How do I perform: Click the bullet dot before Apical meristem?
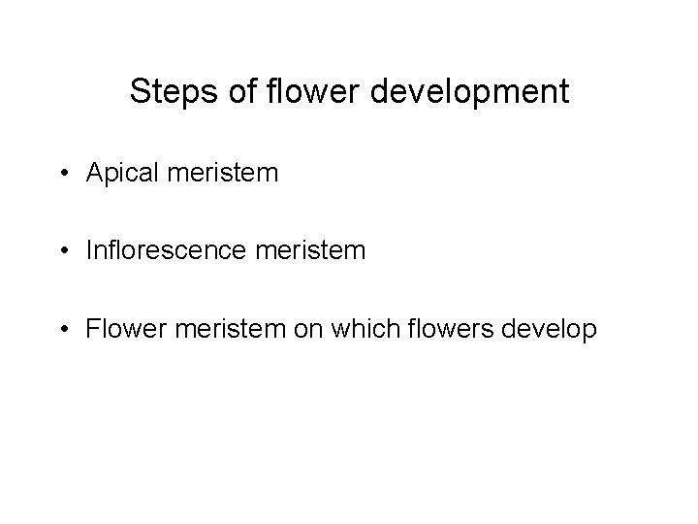click(63, 174)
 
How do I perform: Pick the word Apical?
click(117, 175)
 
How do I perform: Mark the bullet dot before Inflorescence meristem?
click(63, 251)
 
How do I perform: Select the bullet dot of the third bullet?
click(63, 330)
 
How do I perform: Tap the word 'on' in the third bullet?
click(288, 330)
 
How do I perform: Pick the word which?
click(342, 330)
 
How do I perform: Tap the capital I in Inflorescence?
click(88, 251)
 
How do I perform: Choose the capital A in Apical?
click(93, 174)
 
